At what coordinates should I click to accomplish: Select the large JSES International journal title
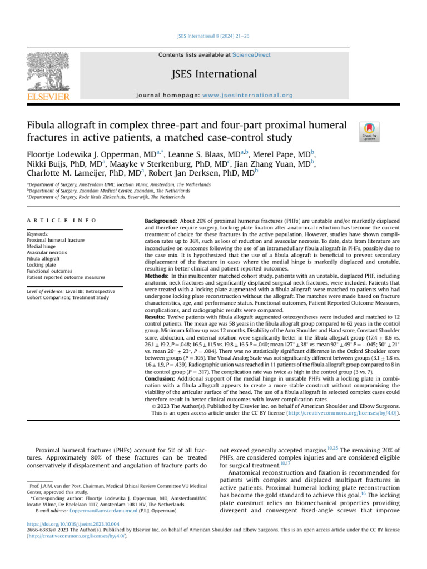tap(213, 74)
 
